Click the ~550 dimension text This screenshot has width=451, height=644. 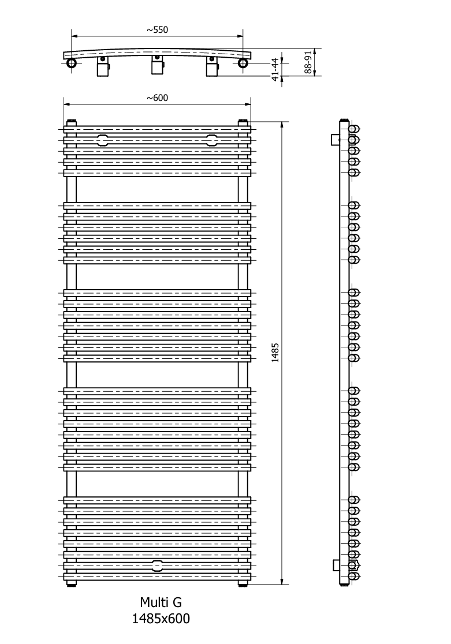pyautogui.click(x=158, y=29)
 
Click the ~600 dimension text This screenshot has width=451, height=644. pyautogui.click(x=158, y=98)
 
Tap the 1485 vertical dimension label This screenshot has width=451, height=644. pyautogui.click(x=275, y=353)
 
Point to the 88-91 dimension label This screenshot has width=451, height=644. pyautogui.click(x=308, y=62)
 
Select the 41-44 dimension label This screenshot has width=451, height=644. pyautogui.click(x=275, y=69)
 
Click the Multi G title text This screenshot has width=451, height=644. pyautogui.click(x=161, y=602)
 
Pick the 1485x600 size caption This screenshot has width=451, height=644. pyautogui.click(x=161, y=619)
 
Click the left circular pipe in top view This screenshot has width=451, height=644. pyautogui.click(x=72, y=63)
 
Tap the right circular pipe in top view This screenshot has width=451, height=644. pyautogui.click(x=243, y=63)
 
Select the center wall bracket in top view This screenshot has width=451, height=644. pyautogui.click(x=156, y=65)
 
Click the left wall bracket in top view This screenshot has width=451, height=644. pyautogui.click(x=103, y=66)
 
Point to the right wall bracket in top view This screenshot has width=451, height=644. pyautogui.click(x=211, y=66)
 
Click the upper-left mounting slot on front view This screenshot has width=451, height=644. pyautogui.click(x=103, y=140)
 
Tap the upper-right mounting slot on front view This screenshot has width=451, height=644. pyautogui.click(x=212, y=140)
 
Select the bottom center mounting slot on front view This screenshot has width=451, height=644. pyautogui.click(x=157, y=566)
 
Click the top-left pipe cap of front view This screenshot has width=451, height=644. pyautogui.click(x=72, y=123)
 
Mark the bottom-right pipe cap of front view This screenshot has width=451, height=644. pyautogui.click(x=243, y=582)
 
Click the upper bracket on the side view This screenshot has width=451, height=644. pyautogui.click(x=335, y=139)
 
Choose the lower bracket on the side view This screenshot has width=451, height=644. pyautogui.click(x=337, y=565)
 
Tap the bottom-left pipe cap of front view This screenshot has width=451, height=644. pyautogui.click(x=72, y=582)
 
